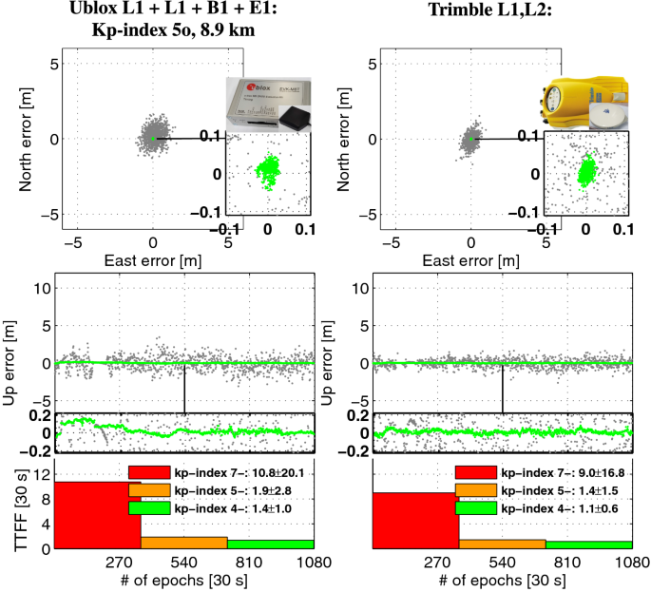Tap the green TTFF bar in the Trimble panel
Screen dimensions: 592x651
589,544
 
